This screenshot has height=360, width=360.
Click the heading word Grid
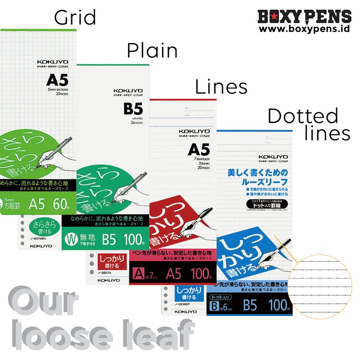75,18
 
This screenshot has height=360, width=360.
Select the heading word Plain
152,51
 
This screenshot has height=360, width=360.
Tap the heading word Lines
221,87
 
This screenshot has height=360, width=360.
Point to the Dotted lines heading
309,124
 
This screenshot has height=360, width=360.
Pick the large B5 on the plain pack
132,110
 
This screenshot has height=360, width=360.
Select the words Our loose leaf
98,319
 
